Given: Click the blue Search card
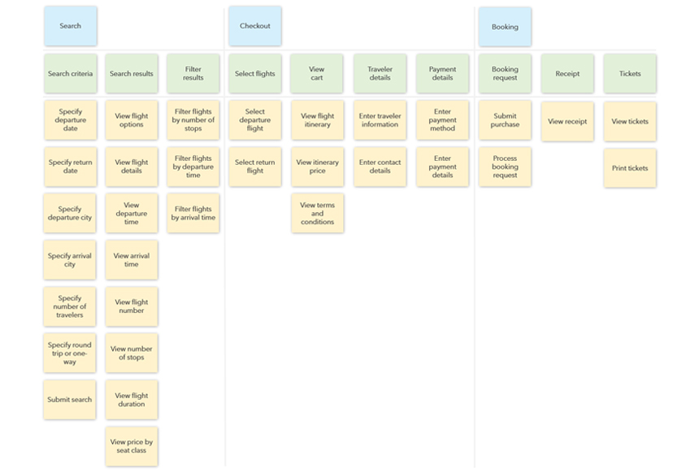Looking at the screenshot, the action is [71, 26].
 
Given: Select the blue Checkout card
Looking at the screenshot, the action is [255, 26].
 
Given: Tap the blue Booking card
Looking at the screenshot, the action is [505, 27].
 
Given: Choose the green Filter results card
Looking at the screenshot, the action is [193, 74].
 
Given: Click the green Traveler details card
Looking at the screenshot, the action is [380, 74].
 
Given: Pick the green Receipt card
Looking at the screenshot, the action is [567, 74].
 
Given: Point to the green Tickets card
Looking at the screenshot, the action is [630, 74].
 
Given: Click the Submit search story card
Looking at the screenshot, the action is [70, 400].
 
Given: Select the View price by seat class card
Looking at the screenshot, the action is [132, 446].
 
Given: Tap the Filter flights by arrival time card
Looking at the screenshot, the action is [193, 213].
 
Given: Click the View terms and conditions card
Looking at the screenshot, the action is [318, 213].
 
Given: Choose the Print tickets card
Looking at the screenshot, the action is [630, 168].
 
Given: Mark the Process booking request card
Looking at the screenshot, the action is [505, 167].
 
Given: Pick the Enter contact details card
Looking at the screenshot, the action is [380, 167].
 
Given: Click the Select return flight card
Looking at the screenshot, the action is [255, 167].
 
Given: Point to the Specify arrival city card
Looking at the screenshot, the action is [70, 260].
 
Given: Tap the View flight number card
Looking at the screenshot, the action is [132, 306].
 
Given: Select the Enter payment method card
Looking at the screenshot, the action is [443, 120].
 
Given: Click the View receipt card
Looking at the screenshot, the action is [567, 121].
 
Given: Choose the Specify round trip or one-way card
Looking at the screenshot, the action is [70, 353].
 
